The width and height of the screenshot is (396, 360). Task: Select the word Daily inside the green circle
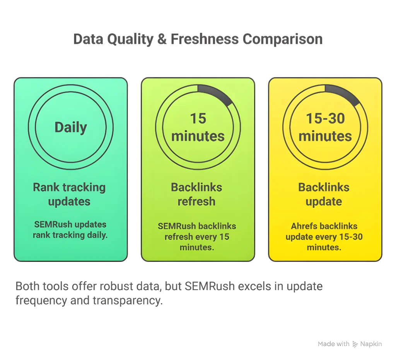pos(71,127)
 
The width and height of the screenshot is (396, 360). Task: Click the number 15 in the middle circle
pos(198,119)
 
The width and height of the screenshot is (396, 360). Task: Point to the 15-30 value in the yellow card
pos(325,119)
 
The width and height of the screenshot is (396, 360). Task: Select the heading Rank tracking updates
pos(69,194)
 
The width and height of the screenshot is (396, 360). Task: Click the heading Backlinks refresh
pos(196,194)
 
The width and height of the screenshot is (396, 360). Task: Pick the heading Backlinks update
pos(324,194)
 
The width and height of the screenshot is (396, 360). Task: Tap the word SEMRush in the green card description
pos(51,224)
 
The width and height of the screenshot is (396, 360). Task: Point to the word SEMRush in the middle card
pos(174,226)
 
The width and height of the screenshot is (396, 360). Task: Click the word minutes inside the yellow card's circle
pos(325,136)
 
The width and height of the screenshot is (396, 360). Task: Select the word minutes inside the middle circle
pos(198,136)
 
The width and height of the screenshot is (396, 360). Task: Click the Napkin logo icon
pos(355,344)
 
